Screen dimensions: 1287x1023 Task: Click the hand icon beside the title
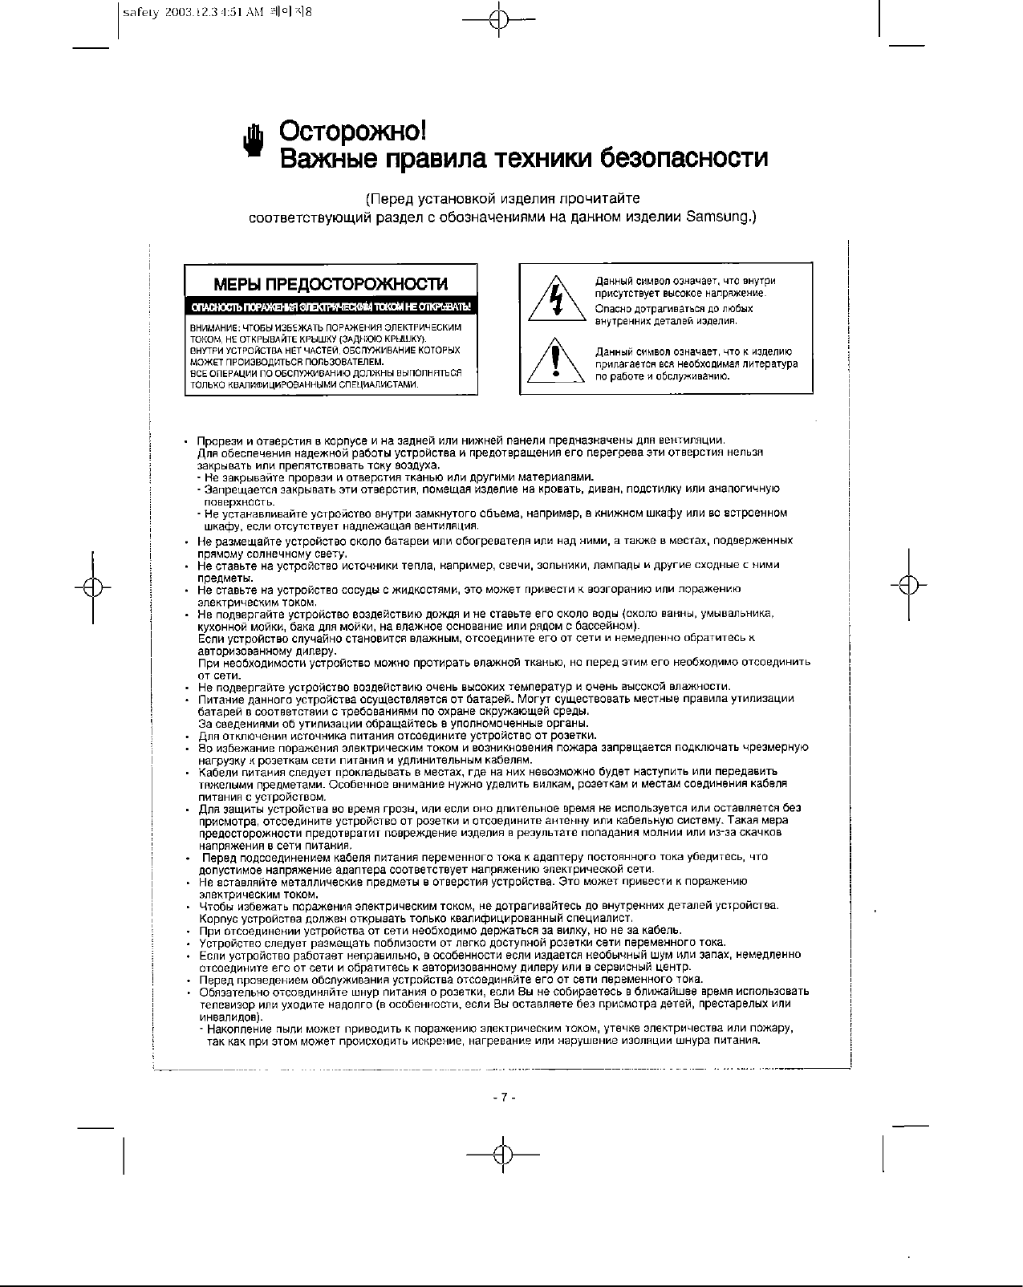(x=254, y=143)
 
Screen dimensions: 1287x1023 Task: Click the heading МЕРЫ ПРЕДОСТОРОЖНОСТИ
(x=331, y=285)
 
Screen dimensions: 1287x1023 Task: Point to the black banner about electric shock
(x=331, y=307)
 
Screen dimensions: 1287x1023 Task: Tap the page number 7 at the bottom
(x=503, y=1098)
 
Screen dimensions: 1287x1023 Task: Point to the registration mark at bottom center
(x=503, y=1155)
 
